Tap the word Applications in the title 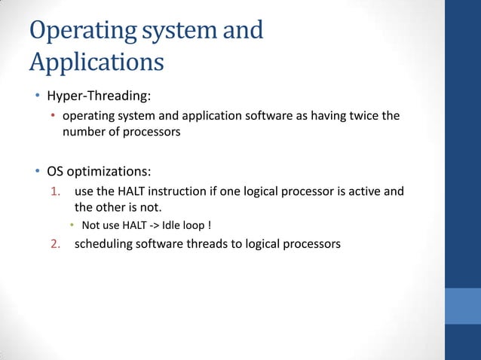click(x=97, y=62)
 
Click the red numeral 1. click(x=55, y=191)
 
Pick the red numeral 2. click(x=55, y=243)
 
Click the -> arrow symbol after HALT click(x=161, y=224)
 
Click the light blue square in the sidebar click(x=462, y=305)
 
